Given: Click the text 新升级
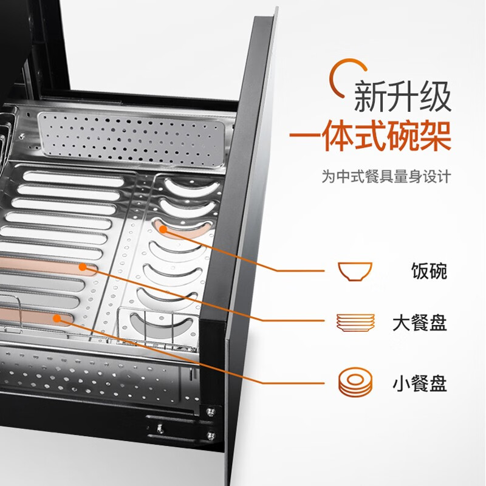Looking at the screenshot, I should pos(403,97).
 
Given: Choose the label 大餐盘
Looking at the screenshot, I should pos(419,323).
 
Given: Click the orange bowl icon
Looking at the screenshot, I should pos(355,271).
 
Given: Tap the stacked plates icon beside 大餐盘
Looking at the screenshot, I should pos(355,323).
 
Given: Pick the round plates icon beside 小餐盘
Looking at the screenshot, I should pos(355,383).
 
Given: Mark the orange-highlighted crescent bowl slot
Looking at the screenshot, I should pos(185,230).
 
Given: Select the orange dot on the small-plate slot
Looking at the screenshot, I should pos(58,317).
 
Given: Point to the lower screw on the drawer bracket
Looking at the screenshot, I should pos(211,433).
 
